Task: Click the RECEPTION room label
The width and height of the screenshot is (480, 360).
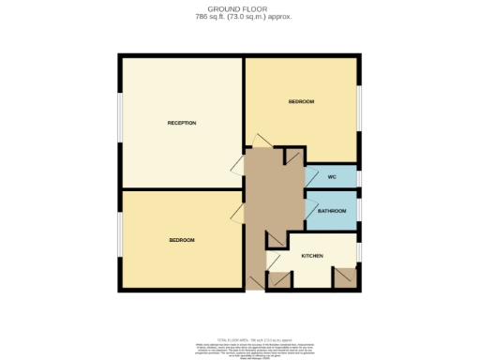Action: pos(181,123)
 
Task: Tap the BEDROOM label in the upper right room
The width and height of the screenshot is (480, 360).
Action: pos(301,101)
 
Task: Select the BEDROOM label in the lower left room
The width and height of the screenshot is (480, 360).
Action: pos(181,241)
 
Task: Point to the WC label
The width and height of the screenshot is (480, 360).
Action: pos(332,177)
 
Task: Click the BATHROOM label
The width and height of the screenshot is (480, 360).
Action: pos(332,211)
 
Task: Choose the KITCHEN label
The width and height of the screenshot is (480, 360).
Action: pos(312,256)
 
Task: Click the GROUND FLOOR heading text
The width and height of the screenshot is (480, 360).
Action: pos(239,7)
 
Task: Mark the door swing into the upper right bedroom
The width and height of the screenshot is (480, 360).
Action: pos(258,140)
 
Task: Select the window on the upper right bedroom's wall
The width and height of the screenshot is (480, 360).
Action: pos(359,111)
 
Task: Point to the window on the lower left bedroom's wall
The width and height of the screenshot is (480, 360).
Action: pos(119,238)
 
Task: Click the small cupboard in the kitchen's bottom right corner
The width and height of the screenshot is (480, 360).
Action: pos(345,277)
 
